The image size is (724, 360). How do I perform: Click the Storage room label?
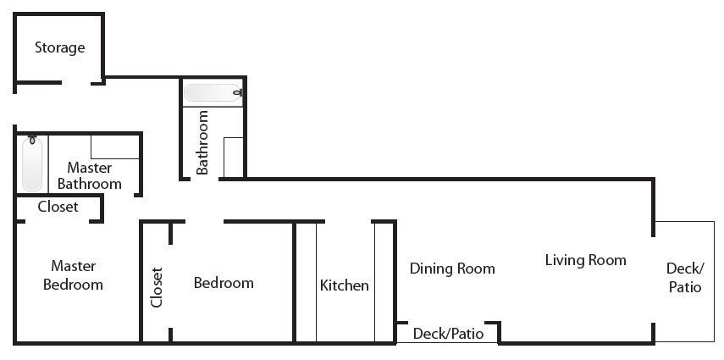pyautogui.click(x=59, y=48)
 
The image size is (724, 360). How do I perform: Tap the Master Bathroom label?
pyautogui.click(x=90, y=175)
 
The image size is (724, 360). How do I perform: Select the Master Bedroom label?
pyautogui.click(x=73, y=275)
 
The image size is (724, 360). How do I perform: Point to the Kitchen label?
pyautogui.click(x=345, y=285)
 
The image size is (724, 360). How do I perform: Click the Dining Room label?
pyautogui.click(x=452, y=269)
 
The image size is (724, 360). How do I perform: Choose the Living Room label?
pyautogui.click(x=585, y=260)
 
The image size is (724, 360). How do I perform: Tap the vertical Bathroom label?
pyautogui.click(x=202, y=141)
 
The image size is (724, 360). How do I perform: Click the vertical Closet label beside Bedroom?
pyautogui.click(x=157, y=287)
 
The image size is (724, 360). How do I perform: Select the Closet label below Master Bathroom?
pyautogui.click(x=58, y=207)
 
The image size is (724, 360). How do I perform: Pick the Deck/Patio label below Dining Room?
pyautogui.click(x=448, y=334)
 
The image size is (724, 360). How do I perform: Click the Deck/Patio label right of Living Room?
pyautogui.click(x=685, y=277)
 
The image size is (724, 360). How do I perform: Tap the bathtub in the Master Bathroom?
pyautogui.click(x=32, y=163)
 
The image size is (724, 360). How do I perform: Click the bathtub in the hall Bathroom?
pyautogui.click(x=213, y=92)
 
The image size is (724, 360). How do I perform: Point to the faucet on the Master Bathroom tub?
pyautogui.click(x=32, y=140)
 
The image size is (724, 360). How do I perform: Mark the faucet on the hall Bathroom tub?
pyautogui.click(x=238, y=92)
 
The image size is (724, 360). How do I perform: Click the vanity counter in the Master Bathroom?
pyautogui.click(x=115, y=147)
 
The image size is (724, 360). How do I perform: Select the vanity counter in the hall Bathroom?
pyautogui.click(x=233, y=157)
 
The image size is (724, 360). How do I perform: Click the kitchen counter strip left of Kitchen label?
pyautogui.click(x=307, y=282)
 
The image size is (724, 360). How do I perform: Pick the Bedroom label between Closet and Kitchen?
pyautogui.click(x=224, y=283)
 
